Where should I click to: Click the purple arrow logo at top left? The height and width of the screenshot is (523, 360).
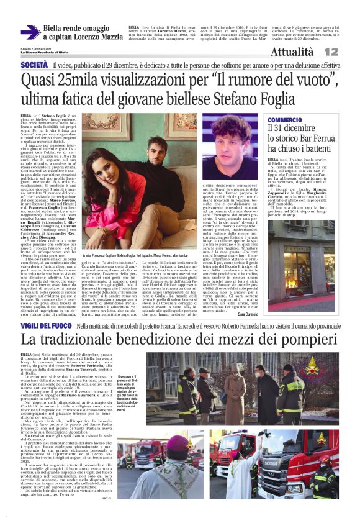tap(30, 32)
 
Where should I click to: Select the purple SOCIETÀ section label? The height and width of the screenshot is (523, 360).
tap(34, 65)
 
